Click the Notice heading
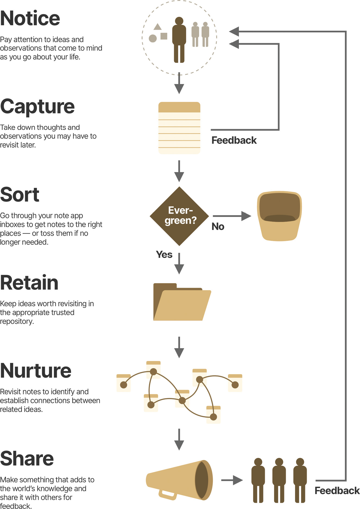coord(30,18)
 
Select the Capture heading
coord(37,107)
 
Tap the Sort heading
coord(20,195)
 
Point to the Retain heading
coord(29,283)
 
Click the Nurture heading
coord(36,371)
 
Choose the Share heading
coord(27,459)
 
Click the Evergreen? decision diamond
coord(179,216)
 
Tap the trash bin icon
coord(279,216)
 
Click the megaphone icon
coord(179,480)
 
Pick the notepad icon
coord(179,128)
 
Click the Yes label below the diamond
coord(164,255)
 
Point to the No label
coord(218,227)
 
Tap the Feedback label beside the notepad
coord(234,141)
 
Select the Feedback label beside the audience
coord(337,491)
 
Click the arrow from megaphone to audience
coord(232,480)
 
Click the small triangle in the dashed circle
coord(158,27)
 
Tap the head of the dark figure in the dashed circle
coord(179,21)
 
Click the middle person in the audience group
coord(279,480)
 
